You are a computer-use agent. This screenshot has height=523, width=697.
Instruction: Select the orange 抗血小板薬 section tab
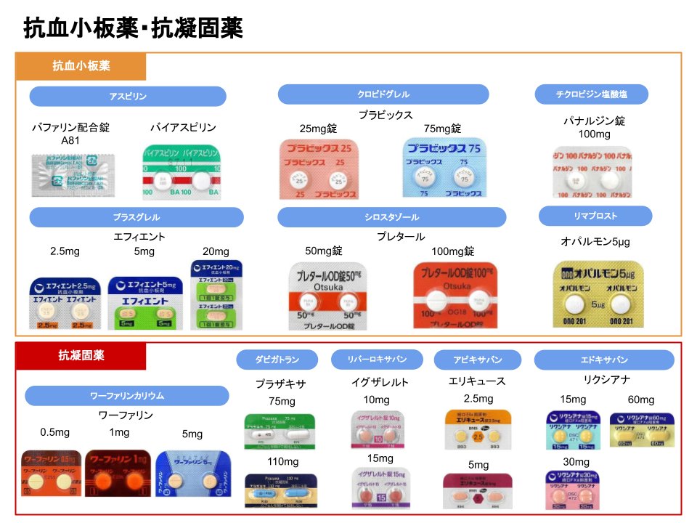click(81, 66)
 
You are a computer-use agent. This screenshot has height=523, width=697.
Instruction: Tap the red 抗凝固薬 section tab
click(81, 356)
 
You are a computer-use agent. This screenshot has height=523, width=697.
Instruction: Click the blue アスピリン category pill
click(128, 97)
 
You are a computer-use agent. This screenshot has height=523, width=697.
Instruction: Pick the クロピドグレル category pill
click(383, 94)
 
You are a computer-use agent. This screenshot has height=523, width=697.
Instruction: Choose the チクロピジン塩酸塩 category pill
click(592, 94)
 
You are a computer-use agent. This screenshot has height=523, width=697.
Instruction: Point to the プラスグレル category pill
click(136, 217)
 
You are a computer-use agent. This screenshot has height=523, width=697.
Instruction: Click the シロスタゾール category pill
click(392, 217)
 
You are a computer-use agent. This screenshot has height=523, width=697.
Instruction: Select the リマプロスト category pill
click(595, 216)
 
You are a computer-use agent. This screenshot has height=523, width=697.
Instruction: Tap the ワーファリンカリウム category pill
click(127, 396)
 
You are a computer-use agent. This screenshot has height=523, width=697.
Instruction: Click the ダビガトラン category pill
click(277, 360)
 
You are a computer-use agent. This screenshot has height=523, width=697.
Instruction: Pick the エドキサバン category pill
click(604, 360)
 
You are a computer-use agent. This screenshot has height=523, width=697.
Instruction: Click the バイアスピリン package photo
click(181, 173)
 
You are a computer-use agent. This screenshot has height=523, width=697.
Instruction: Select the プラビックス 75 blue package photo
click(445, 169)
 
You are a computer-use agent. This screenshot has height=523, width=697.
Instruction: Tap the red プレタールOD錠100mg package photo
click(455, 295)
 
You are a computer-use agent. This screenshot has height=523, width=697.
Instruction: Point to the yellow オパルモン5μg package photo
click(598, 295)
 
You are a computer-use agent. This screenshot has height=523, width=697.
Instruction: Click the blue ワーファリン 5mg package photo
click(193, 473)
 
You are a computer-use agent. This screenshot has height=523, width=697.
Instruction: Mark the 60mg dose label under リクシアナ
click(641, 400)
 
